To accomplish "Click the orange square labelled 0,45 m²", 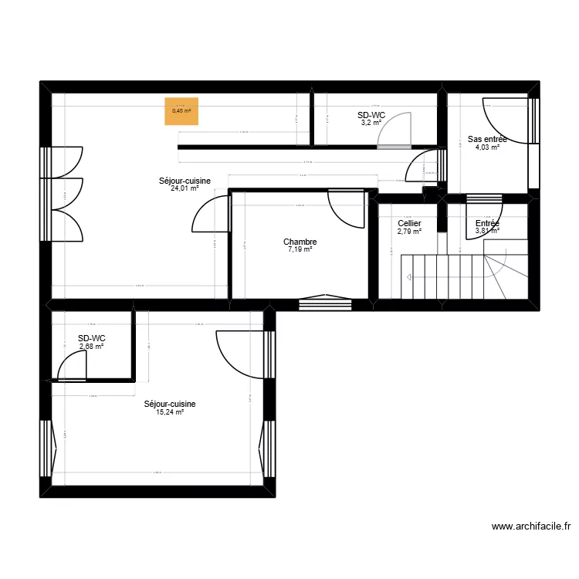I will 181,110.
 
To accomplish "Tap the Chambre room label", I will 300,242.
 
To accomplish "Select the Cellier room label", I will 409,223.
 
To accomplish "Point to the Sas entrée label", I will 487,140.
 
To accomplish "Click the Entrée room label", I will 487,223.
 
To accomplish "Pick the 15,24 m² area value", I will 169,412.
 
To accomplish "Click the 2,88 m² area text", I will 91,347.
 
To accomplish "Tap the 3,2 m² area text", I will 371,122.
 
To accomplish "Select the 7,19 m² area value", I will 300,249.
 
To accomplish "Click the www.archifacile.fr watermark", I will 532,527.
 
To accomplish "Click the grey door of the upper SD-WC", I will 395,129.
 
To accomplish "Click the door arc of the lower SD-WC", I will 72,364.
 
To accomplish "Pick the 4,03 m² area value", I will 487,147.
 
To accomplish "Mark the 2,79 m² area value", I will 409,231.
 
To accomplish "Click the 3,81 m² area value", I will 487,231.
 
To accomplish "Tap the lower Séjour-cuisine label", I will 169,404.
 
